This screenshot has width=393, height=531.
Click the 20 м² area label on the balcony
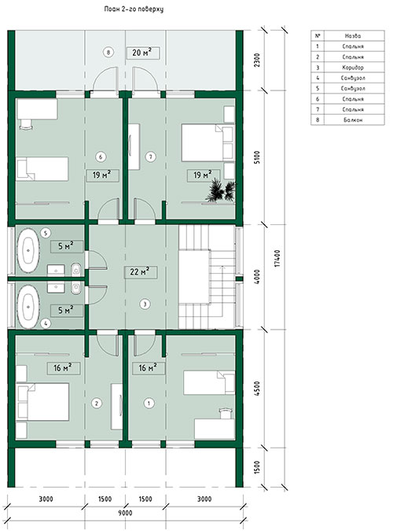tap(141, 53)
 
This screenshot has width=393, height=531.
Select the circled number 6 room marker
tap(101, 157)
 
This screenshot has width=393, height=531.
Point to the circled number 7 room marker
tap(151, 157)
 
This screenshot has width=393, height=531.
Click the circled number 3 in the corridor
tap(145, 304)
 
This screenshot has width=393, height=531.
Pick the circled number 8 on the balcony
tap(108, 53)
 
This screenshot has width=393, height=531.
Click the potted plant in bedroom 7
tap(221, 191)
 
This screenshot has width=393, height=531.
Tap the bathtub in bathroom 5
tap(28, 250)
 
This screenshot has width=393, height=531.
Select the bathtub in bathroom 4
tap(28, 307)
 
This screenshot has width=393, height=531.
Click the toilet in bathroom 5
tap(76, 270)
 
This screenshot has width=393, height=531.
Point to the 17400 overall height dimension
tap(277, 258)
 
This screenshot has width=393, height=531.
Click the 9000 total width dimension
tap(125, 513)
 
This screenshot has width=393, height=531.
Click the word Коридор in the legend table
tap(353, 68)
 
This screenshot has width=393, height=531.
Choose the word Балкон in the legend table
tap(353, 120)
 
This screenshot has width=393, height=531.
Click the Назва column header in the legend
tap(353, 35)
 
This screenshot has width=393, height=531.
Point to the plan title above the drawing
tap(134, 9)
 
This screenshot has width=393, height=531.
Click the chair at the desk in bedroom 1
tap(225, 413)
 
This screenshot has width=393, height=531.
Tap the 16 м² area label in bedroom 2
tap(63, 368)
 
